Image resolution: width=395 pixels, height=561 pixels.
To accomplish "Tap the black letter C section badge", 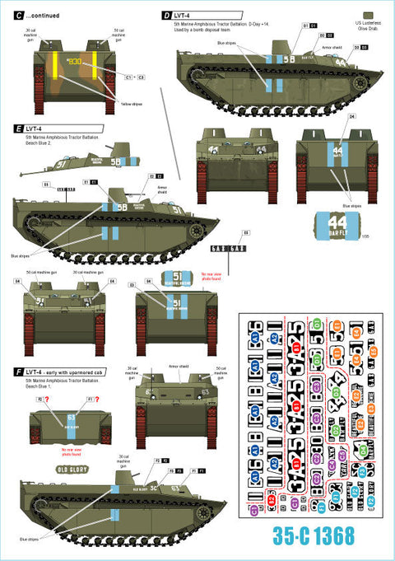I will pos(8,10).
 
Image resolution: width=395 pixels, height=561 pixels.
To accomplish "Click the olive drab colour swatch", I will pos(366,16).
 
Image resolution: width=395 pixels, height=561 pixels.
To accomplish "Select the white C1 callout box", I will pos(129,77).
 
